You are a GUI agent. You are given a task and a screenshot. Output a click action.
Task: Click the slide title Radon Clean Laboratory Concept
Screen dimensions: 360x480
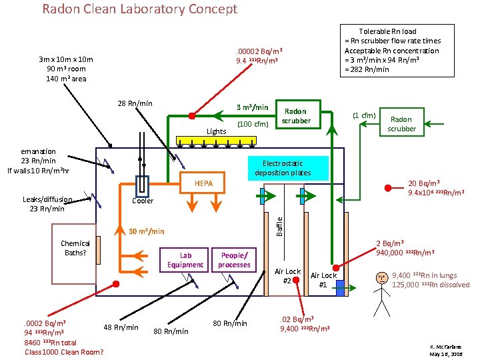point(139,9)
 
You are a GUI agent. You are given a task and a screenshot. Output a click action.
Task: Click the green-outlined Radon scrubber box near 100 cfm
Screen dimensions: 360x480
point(295,115)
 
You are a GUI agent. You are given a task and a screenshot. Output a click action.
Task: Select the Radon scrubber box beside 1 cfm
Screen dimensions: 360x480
point(401,124)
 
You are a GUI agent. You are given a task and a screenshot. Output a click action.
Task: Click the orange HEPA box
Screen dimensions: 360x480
point(203,183)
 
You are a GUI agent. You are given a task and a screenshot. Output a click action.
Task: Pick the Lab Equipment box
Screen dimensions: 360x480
point(185,260)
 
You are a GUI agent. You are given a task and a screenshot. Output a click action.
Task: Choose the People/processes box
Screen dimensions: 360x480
point(234,260)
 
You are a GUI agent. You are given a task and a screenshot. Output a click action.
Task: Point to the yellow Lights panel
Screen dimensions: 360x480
point(216,141)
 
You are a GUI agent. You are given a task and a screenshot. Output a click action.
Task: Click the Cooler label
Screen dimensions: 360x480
point(143,201)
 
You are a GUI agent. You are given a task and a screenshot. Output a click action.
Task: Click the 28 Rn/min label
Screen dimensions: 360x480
point(135,103)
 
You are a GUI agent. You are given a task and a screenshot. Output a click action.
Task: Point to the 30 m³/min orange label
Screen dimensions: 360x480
point(146,231)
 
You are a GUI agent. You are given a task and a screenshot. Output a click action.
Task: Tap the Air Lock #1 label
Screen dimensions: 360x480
point(324,281)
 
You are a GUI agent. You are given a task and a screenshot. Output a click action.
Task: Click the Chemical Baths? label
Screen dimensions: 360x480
point(75,248)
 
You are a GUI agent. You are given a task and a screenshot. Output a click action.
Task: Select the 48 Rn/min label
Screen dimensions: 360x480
point(121,327)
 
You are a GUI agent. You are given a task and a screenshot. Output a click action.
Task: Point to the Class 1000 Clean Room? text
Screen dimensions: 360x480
point(64,351)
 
